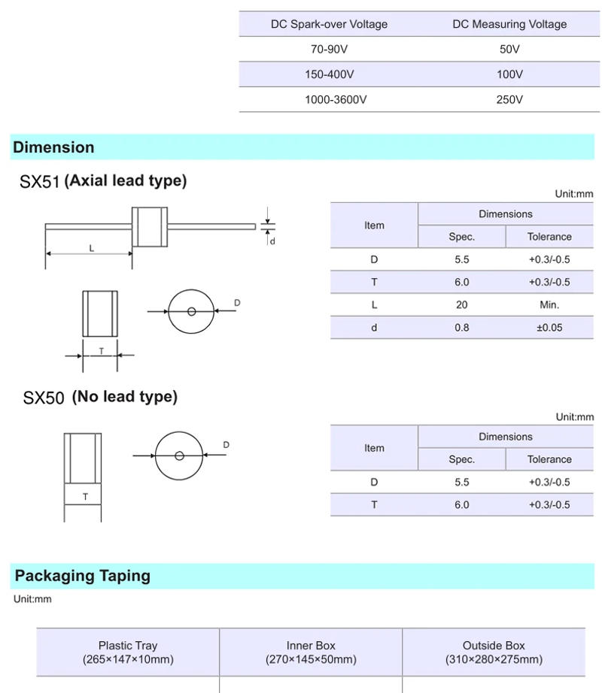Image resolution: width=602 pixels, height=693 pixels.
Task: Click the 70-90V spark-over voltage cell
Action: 329,50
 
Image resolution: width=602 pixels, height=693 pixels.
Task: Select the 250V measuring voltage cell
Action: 509,99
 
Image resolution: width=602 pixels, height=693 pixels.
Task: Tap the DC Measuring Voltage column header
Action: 509,24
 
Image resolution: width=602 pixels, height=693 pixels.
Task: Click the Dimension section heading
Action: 53,147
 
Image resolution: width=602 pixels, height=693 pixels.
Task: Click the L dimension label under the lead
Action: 92,248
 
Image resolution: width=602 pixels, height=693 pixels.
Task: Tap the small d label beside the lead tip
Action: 272,241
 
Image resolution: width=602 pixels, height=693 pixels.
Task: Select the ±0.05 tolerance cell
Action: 549,328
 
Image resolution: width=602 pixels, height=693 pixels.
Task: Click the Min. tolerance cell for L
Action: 549,304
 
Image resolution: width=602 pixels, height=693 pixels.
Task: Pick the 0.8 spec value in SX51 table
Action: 461,328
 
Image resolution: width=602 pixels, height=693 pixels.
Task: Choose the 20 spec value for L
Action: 461,304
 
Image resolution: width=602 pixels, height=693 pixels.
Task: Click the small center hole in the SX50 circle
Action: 179,455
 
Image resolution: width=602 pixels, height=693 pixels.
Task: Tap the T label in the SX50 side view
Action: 85,497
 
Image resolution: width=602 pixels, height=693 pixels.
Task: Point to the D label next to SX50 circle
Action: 226,445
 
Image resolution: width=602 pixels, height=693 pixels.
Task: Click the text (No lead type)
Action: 124,397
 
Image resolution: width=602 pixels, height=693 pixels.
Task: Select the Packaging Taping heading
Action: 83,576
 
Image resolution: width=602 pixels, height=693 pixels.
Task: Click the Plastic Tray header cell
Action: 128,652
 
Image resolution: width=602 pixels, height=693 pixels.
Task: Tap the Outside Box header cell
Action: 494,652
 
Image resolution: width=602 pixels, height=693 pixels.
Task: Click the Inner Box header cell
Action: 311,652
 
